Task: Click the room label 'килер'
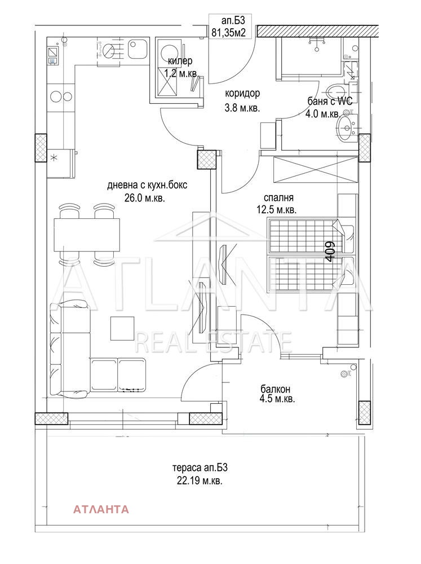click(180, 61)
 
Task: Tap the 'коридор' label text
click(242, 94)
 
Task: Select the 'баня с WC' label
click(330, 101)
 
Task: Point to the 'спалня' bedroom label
click(278, 197)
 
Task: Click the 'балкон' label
click(276, 389)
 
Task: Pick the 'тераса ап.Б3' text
click(200, 468)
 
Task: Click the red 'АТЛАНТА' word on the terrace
click(101, 509)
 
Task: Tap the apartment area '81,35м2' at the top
click(229, 33)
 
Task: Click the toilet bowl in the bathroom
click(336, 90)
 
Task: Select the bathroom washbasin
click(345, 128)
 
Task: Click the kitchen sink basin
click(137, 49)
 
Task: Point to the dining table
click(87, 235)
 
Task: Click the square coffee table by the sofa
click(122, 328)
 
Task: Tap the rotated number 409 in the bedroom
click(331, 249)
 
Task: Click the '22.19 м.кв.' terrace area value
click(200, 481)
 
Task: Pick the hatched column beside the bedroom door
click(207, 160)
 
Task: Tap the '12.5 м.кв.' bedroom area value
click(277, 210)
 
